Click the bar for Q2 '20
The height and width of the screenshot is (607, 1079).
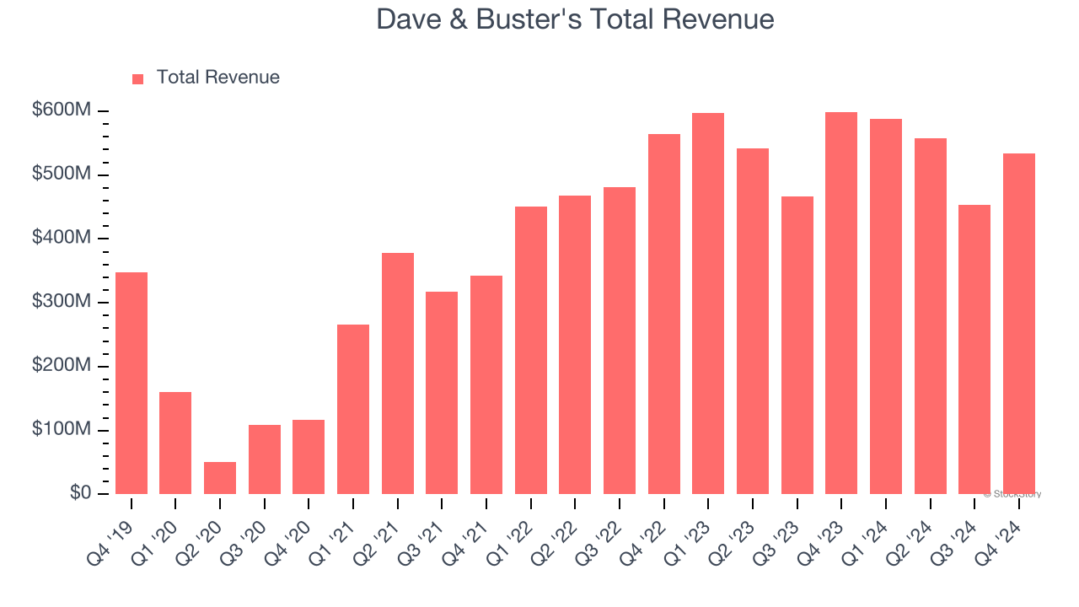[x=220, y=478]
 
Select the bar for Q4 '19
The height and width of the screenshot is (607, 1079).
[x=132, y=383]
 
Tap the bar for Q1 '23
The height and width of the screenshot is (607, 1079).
[x=708, y=303]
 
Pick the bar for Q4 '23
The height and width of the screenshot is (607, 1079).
[x=841, y=303]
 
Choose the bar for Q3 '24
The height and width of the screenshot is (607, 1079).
[x=974, y=349]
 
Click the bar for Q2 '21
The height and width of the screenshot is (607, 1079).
[x=398, y=373]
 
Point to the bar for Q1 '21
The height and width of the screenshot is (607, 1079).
[x=353, y=409]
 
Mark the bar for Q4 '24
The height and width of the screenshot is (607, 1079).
[x=1019, y=324]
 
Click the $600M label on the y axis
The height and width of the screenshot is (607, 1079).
[x=61, y=110]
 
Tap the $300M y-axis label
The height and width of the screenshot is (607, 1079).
[x=61, y=302]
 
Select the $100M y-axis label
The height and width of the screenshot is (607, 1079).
[x=61, y=429]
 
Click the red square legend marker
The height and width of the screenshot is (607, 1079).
[x=138, y=78]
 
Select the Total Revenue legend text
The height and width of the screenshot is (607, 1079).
[x=217, y=78]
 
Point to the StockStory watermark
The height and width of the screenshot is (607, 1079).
[x=1012, y=494]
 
